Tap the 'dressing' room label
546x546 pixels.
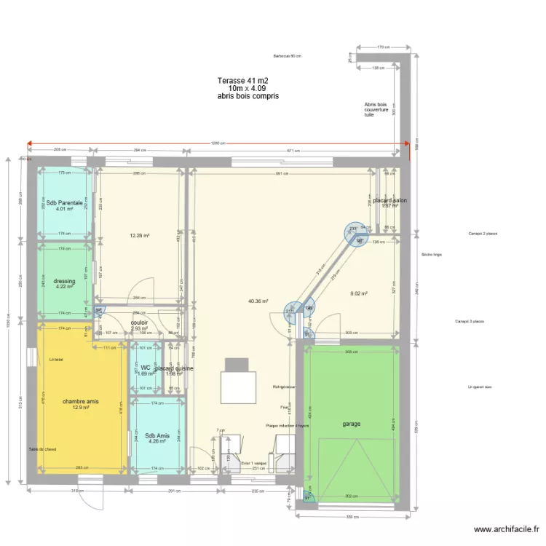click(65, 281)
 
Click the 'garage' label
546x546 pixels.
click(352, 424)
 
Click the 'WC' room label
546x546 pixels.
click(145, 368)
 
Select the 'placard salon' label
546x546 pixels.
click(389, 200)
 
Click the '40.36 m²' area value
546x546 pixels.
click(258, 301)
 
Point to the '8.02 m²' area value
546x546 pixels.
click(360, 294)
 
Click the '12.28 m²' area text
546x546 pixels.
click(140, 236)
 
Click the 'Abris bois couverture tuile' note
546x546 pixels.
click(376, 109)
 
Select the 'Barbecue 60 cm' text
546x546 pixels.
click(287, 56)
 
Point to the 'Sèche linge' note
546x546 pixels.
click(432, 255)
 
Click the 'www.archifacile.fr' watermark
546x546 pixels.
click(505, 530)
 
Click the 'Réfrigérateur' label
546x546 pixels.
click(283, 386)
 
